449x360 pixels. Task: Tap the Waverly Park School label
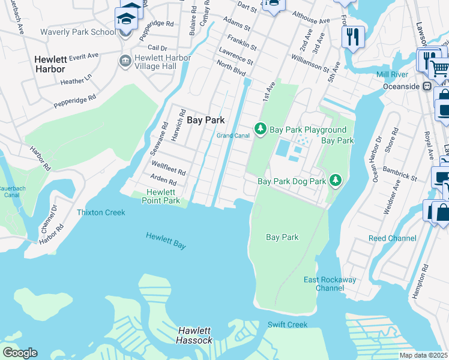pos(78,32)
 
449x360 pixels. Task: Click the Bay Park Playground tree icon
pos(261,128)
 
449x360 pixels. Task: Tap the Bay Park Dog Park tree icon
pos(336,180)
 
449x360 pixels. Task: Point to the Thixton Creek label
pos(101,212)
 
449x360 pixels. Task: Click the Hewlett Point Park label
pos(163,196)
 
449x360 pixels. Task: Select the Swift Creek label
pos(288,325)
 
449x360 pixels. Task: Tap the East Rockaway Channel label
pos(330,284)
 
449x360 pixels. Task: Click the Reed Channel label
pos(392,238)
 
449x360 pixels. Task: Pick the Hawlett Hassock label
pos(195,335)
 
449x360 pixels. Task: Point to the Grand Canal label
pos(233,136)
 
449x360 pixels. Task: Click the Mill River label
pos(392,74)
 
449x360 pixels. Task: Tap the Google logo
pos(19,353)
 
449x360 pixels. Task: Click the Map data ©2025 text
pos(423,355)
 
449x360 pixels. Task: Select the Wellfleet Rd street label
pos(169,169)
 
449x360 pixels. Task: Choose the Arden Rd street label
pos(164,180)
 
